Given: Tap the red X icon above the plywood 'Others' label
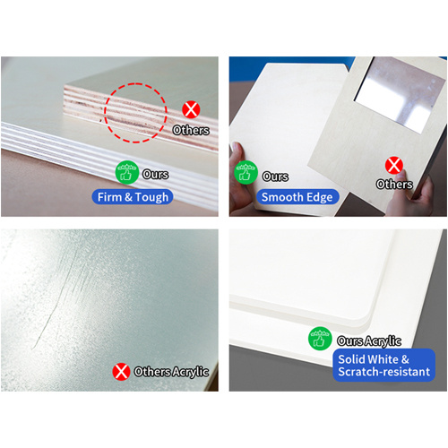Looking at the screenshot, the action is [x=191, y=109].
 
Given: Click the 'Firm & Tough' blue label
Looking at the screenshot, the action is [x=133, y=197].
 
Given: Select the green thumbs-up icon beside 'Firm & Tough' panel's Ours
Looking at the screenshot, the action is [x=127, y=172].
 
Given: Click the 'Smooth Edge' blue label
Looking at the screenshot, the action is [x=297, y=197].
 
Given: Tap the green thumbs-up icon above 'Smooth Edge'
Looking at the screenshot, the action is [x=246, y=172].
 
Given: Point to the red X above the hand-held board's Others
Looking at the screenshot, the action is [x=394, y=165].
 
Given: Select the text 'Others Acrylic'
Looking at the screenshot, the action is [x=171, y=372].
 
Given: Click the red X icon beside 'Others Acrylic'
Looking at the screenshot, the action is [x=121, y=372].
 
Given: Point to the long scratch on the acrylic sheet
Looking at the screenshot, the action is [x=54, y=302].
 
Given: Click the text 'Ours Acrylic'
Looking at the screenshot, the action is [x=369, y=340].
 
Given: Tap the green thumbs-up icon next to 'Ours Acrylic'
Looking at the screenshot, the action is [x=320, y=339].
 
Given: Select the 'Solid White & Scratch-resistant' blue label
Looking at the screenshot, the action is [x=384, y=365].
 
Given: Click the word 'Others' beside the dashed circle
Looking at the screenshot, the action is [x=191, y=130].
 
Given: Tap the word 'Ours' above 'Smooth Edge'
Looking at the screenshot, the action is [x=275, y=177].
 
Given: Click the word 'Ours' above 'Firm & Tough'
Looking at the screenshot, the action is [x=155, y=174].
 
